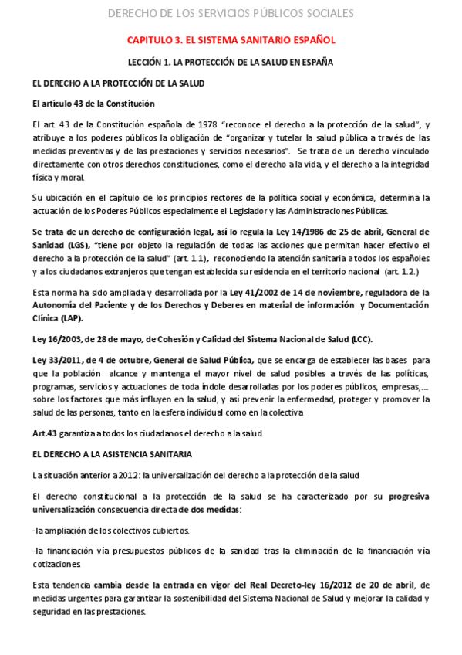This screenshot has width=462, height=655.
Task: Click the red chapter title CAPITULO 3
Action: [231, 39]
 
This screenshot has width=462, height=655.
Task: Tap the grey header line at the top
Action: [231, 13]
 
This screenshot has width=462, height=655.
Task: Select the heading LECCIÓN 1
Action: [231, 63]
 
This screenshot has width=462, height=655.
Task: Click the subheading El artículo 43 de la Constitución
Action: [93, 103]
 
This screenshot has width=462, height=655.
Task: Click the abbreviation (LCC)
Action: [363, 339]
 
